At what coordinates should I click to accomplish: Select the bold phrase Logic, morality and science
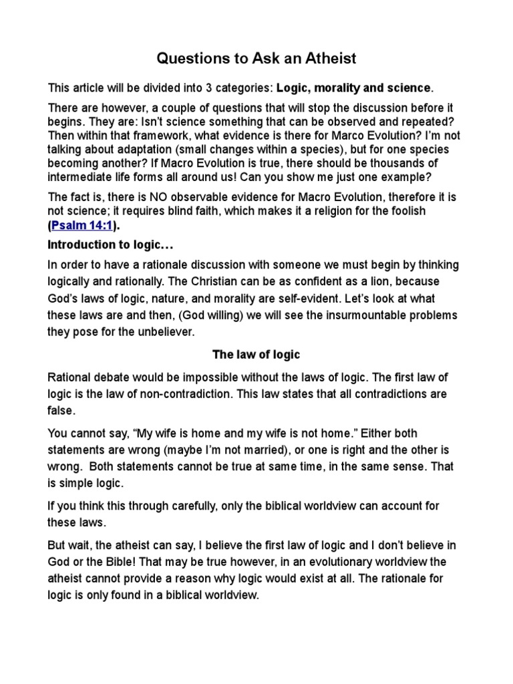click(x=354, y=88)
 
